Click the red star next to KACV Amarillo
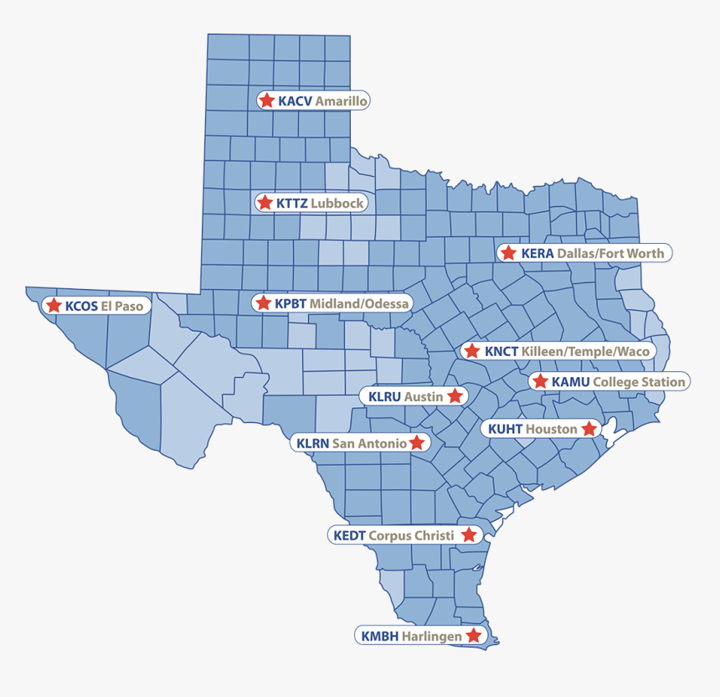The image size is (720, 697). [266, 101]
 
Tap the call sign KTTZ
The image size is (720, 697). [292, 203]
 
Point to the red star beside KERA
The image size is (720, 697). [507, 253]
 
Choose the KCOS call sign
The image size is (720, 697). [81, 307]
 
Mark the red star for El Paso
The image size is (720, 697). [54, 306]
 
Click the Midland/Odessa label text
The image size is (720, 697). [359, 302]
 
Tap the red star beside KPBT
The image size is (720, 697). [263, 302]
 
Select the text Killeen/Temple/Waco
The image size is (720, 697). [585, 351]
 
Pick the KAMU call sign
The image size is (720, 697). [571, 382]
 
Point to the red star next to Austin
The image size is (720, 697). [455, 395]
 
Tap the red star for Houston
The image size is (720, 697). [589, 429]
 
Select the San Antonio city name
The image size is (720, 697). [369, 442]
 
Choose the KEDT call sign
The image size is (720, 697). [350, 535]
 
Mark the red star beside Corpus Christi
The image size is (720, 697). [469, 534]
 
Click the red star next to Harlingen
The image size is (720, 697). [474, 636]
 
